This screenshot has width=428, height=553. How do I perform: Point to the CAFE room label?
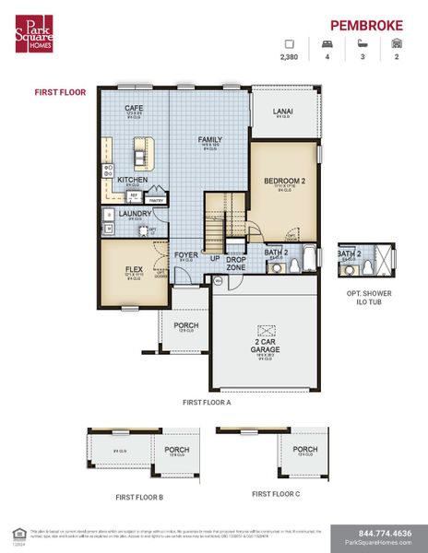tap(134, 109)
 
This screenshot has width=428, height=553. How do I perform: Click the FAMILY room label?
tap(210, 139)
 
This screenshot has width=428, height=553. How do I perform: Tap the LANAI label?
tap(282, 112)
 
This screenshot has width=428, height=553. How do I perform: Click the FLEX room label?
tap(134, 269)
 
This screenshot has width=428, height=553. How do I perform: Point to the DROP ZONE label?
tap(235, 263)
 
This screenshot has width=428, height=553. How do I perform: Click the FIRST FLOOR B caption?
tap(139, 496)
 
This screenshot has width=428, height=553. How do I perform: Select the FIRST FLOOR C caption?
tap(276, 493)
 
